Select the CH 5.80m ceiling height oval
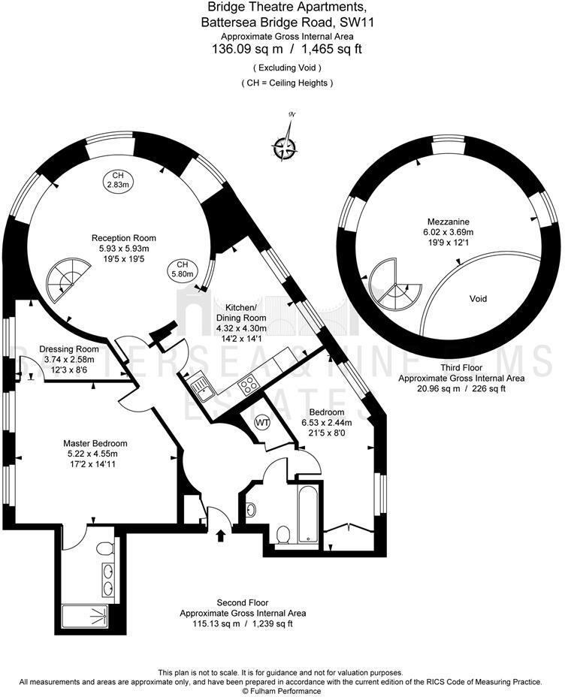(182, 270)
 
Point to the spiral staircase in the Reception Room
(66, 282)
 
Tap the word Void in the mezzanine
(478, 299)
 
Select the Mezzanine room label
(449, 222)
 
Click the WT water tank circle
(262, 424)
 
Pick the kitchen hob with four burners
(248, 386)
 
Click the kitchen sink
(201, 386)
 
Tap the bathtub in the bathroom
(307, 514)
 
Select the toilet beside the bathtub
(283, 535)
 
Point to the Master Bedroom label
(95, 443)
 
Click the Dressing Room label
(69, 349)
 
